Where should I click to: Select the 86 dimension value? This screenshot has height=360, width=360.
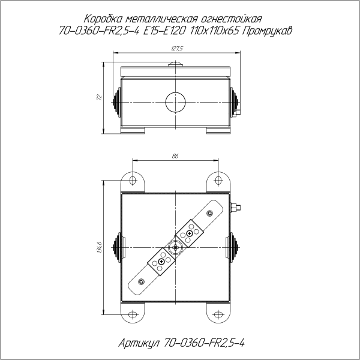(x=175, y=156)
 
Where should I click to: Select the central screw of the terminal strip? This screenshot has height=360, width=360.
(x=175, y=247)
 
